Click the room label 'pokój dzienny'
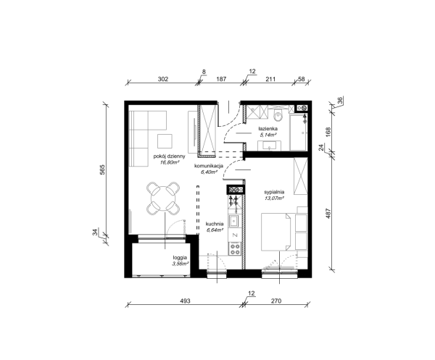point(169,156)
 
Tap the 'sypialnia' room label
point(274,192)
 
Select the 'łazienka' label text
point(268,129)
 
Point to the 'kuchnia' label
point(215,224)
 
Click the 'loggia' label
point(180,257)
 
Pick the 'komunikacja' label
point(209,166)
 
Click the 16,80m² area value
point(169,162)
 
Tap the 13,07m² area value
point(274,198)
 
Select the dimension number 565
point(102,169)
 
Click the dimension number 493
point(185,301)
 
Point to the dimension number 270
point(276,301)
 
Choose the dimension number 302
point(163,79)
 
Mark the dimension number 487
point(328,214)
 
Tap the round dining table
point(162,198)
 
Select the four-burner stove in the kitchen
point(235,249)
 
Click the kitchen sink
point(234,221)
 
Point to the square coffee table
point(165,141)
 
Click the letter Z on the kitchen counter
point(235,235)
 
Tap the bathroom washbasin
point(270,146)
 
